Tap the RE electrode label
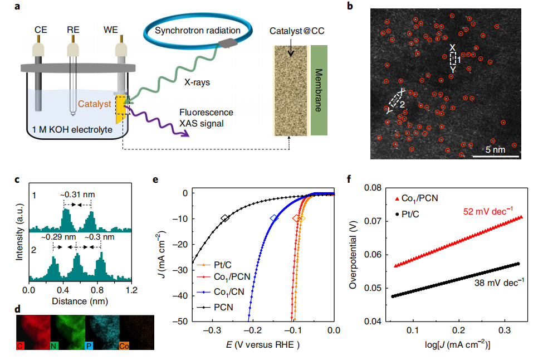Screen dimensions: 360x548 point(73,29)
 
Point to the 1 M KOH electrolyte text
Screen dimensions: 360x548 point(66,129)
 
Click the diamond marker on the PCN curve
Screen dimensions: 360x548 point(224,218)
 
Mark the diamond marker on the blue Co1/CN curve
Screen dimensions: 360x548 point(273,218)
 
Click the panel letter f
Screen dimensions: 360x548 point(348,180)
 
